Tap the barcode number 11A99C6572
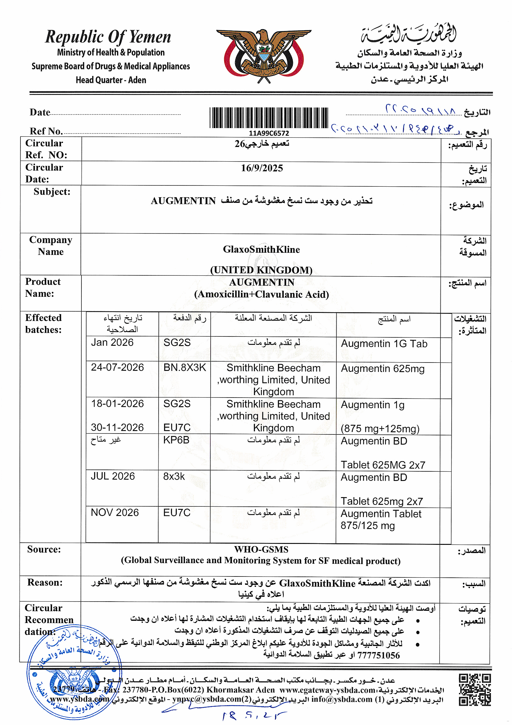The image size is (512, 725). pyautogui.click(x=269, y=133)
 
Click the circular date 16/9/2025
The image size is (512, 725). pyautogui.click(x=262, y=168)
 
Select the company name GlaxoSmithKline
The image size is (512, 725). pyautogui.click(x=261, y=249)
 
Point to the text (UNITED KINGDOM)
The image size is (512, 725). pyautogui.click(x=261, y=270)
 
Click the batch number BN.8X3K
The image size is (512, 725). pyautogui.click(x=185, y=367)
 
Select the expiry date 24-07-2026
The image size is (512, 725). pyautogui.click(x=117, y=367)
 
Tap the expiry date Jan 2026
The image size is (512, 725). pyautogui.click(x=112, y=343)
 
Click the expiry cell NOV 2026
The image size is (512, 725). pyautogui.click(x=115, y=513)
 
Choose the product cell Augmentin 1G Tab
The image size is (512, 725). pyautogui.click(x=384, y=344)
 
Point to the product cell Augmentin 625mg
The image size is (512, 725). pyautogui.click(x=383, y=369)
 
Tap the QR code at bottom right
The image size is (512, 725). pyautogui.click(x=475, y=690)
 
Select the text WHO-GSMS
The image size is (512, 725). pyautogui.click(x=261, y=549)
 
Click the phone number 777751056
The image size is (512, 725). pyautogui.click(x=378, y=656)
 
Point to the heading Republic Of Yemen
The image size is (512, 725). pyautogui.click(x=108, y=37)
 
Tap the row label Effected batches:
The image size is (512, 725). pyautogui.click(x=44, y=324)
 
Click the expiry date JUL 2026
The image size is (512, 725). pyautogui.click(x=113, y=476)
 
